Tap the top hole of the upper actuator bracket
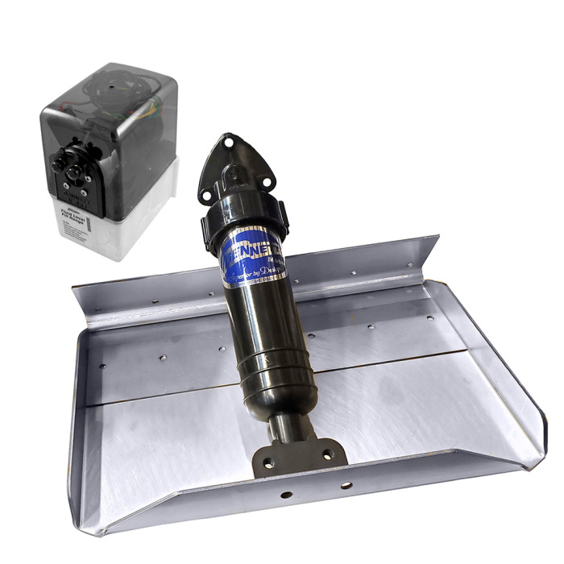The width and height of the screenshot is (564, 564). (x=230, y=142)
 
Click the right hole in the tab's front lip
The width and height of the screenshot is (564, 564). (x=346, y=485)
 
